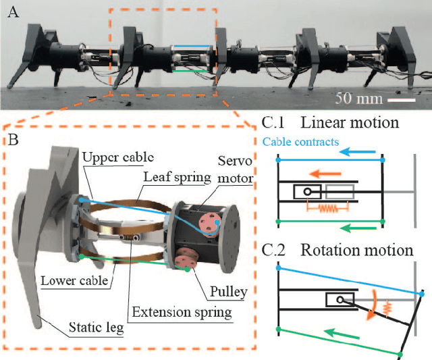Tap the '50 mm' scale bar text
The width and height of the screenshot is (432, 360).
(358, 99)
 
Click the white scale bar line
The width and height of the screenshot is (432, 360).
(403, 99)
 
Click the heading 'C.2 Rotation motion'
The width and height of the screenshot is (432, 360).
(337, 250)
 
